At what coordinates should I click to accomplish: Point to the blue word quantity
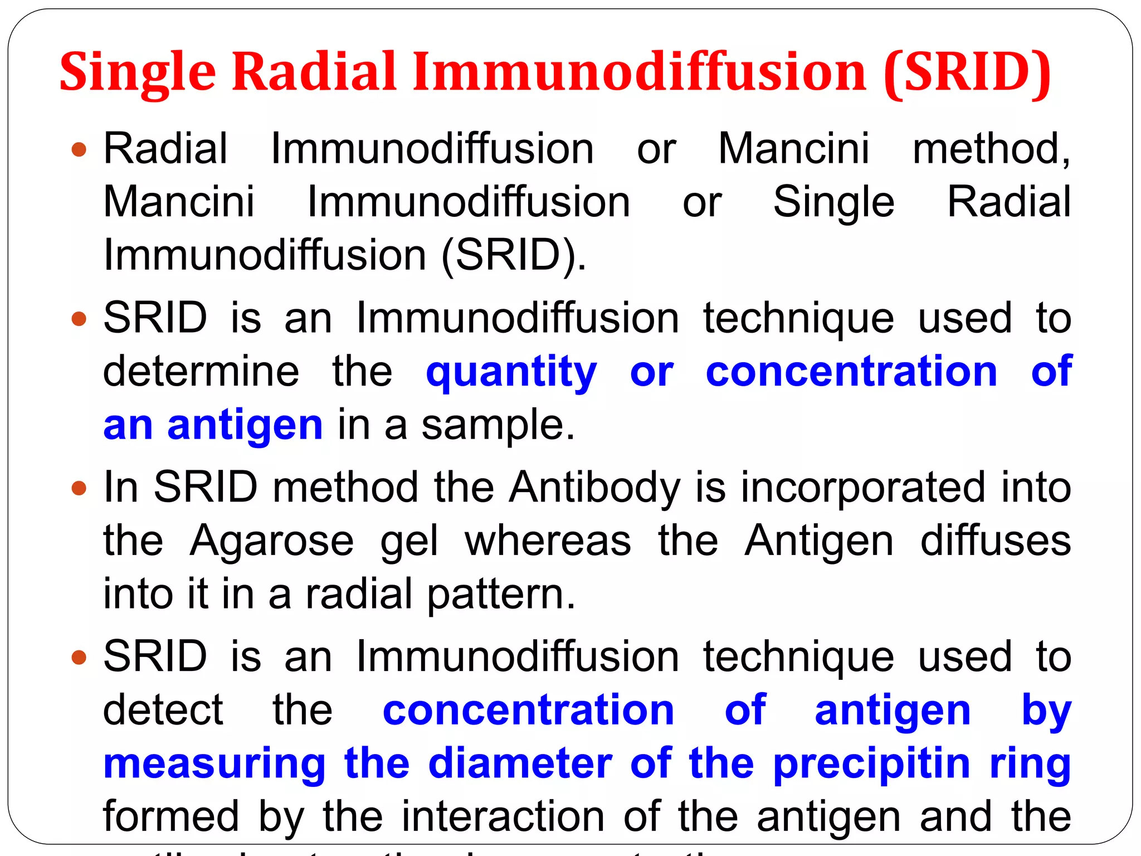pyautogui.click(x=511, y=372)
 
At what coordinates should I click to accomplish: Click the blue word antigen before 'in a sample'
pyautogui.click(x=245, y=425)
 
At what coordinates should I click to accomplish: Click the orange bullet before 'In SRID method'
pyautogui.click(x=80, y=489)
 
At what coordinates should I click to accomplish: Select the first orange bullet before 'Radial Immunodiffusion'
pyautogui.click(x=80, y=149)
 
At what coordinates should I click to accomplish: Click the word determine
pyautogui.click(x=201, y=372)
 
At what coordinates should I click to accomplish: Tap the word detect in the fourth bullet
pyautogui.click(x=163, y=710)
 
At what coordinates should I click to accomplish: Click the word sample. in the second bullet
pyautogui.click(x=498, y=425)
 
